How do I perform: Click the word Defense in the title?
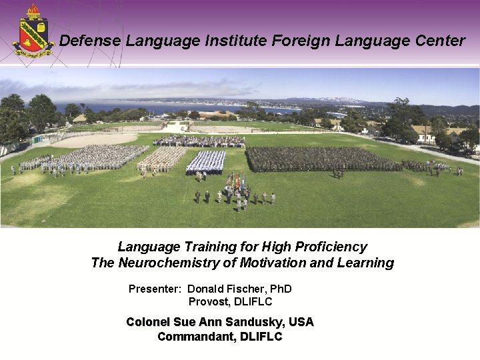click(90, 41)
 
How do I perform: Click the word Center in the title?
click(437, 41)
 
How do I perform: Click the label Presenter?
click(155, 289)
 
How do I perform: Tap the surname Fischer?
click(248, 289)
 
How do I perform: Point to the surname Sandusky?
click(255, 322)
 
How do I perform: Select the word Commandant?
click(192, 337)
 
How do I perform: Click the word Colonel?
click(148, 322)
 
